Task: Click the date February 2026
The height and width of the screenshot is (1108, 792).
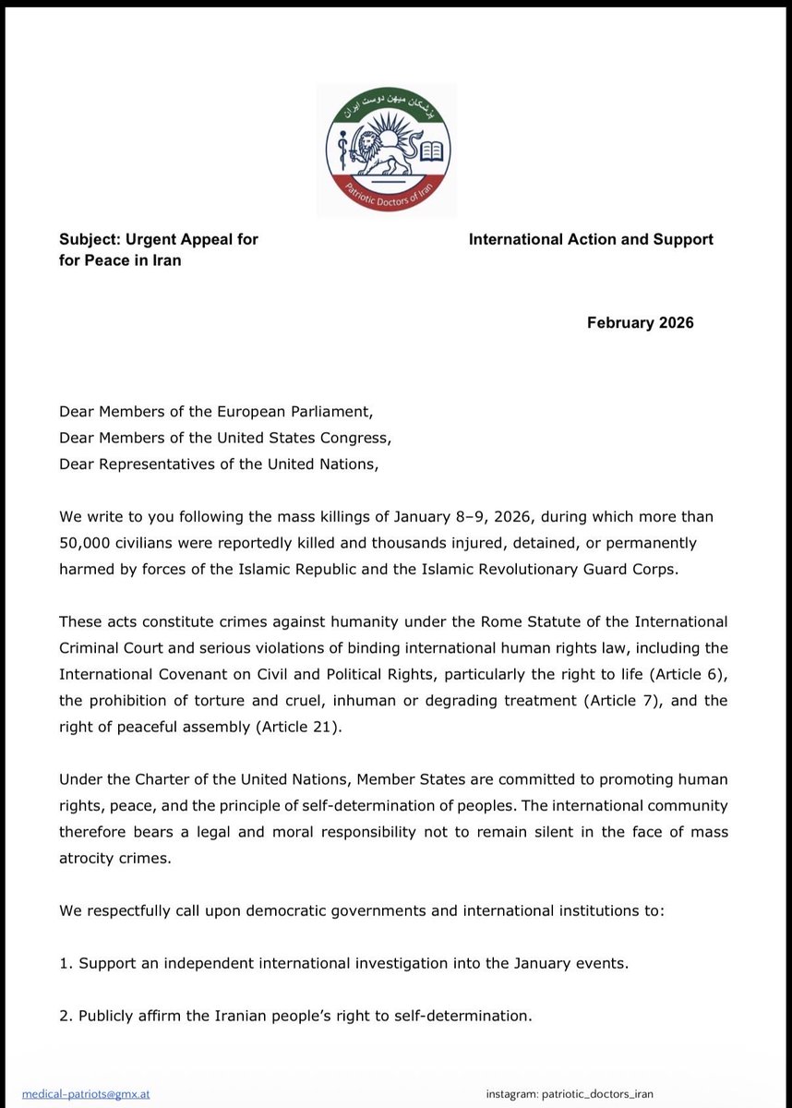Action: (x=640, y=322)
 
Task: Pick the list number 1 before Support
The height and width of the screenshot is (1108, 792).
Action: (x=65, y=964)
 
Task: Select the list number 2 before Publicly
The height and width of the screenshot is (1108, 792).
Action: (x=65, y=1017)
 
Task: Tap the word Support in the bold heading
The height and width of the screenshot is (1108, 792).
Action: (x=682, y=239)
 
